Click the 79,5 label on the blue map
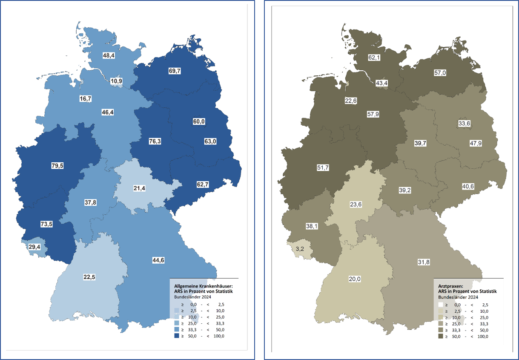tap(57, 166)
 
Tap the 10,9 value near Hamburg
tap(117, 81)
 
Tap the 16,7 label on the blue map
tap(86, 98)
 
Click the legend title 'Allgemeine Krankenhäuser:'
tap(204, 286)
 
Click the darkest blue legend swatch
tap(177, 336)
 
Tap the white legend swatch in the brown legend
tap(441, 305)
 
